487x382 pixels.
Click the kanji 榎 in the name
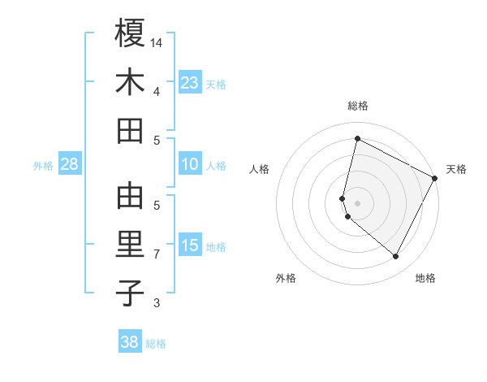coord(130,34)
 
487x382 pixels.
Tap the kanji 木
coord(130,82)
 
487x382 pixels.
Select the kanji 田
coord(130,130)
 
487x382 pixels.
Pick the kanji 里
coord(130,245)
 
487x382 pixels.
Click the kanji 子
coord(130,293)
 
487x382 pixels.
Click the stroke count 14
coord(157,41)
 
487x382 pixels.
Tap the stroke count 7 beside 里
coord(157,254)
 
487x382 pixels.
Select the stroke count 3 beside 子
coord(157,303)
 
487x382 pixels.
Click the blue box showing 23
coord(190,82)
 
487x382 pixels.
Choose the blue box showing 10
coord(190,164)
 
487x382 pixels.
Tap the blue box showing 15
coord(190,245)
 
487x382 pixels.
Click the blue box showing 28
coord(69,164)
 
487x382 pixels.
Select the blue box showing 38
coord(130,342)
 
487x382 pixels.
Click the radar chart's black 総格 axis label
coord(357,106)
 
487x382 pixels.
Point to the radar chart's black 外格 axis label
coord(286,278)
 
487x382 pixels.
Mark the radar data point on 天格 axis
coord(435,178)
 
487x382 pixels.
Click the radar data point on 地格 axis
coord(395,257)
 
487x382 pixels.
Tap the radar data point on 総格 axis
coord(357,138)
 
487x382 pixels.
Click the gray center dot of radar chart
coord(357,202)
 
